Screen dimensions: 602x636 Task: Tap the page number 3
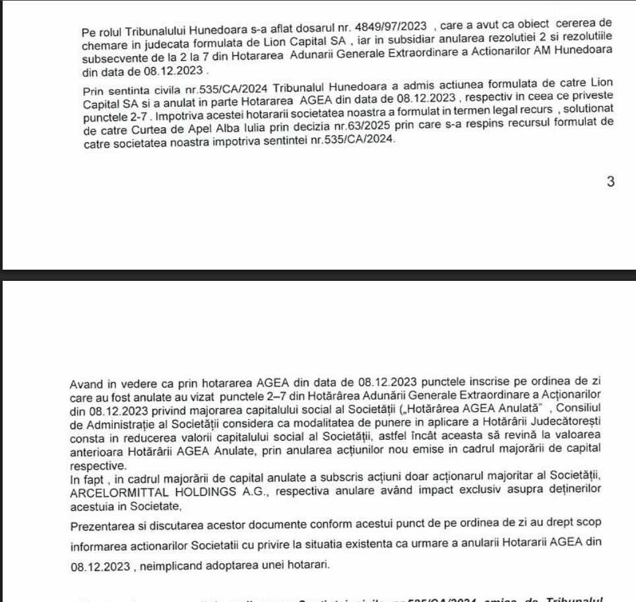610,182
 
